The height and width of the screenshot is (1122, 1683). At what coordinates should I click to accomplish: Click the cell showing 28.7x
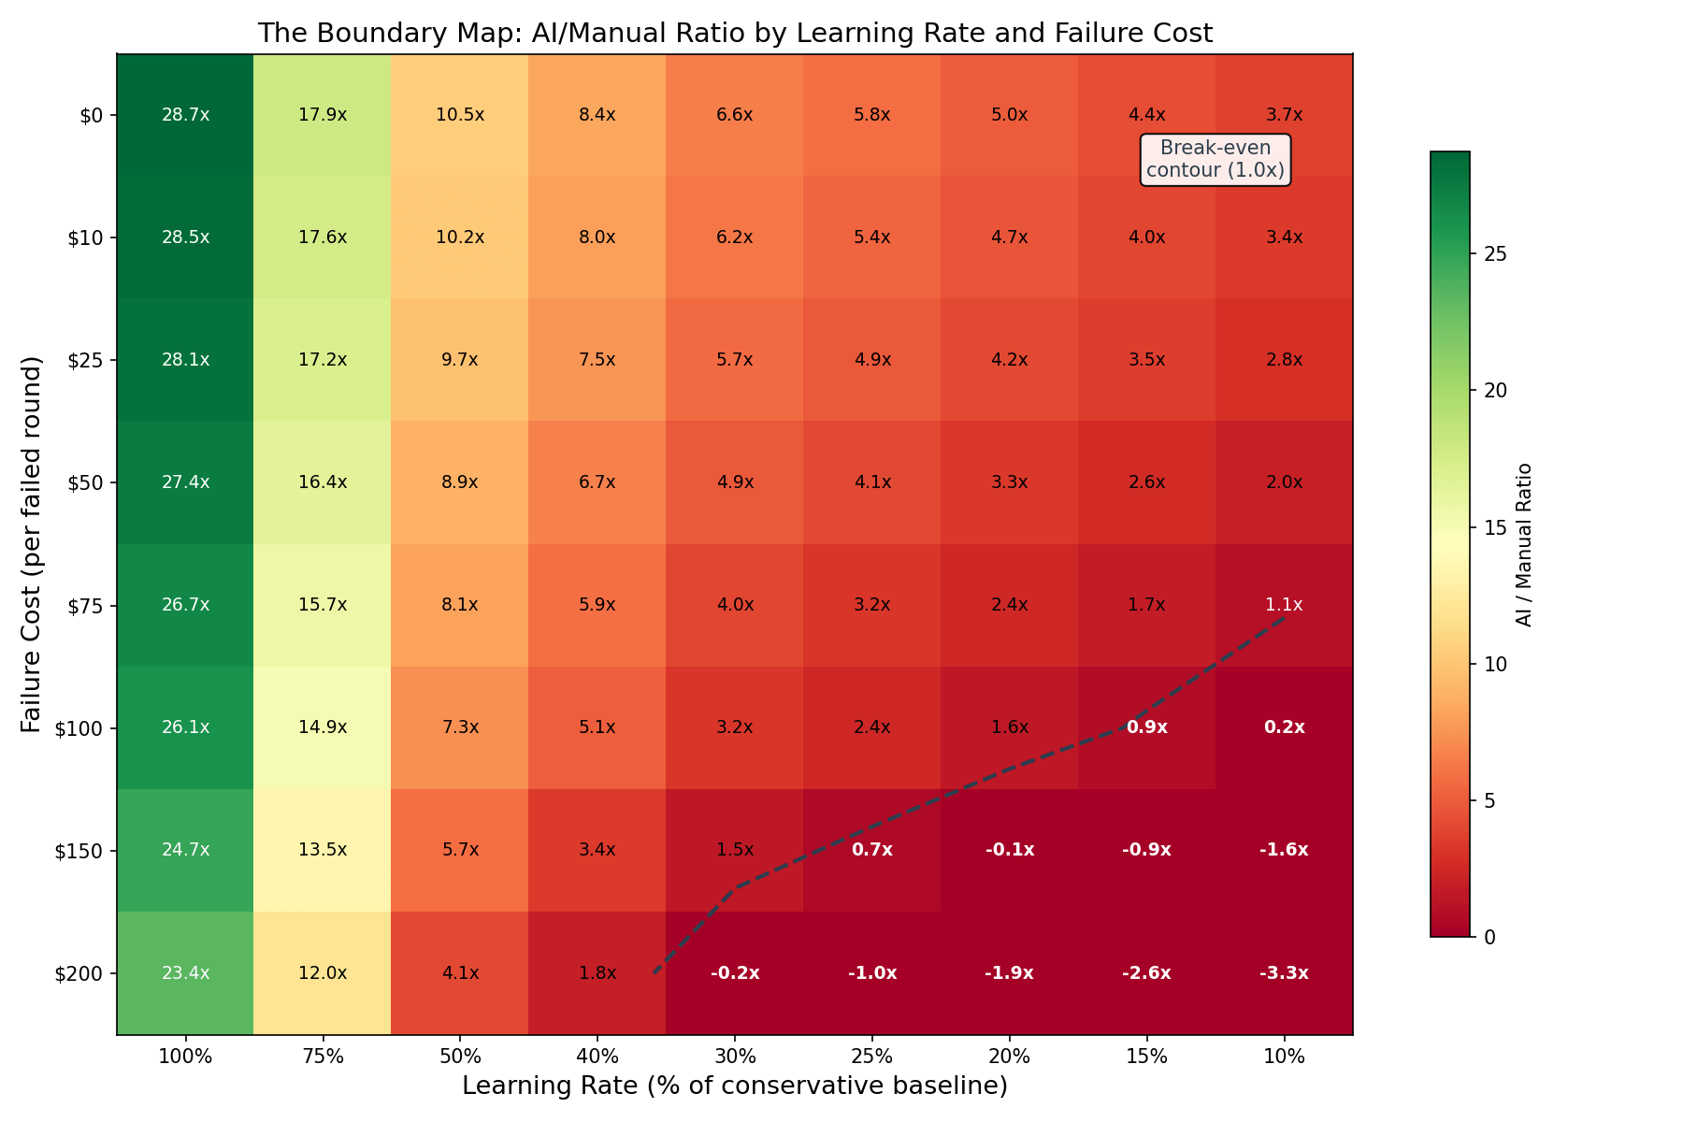[x=185, y=115]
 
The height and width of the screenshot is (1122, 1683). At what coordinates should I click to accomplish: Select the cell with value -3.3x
[x=1284, y=973]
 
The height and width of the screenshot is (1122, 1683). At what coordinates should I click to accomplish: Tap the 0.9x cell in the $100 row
[x=1146, y=727]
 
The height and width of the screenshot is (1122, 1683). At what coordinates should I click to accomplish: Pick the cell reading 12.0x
[x=323, y=973]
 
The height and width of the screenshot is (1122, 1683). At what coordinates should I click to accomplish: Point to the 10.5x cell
[x=460, y=115]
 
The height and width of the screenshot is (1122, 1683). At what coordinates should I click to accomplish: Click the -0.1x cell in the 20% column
[x=1009, y=850]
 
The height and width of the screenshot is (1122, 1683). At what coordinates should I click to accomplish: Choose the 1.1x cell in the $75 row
[x=1284, y=605]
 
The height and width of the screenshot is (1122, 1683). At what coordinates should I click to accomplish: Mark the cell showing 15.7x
[x=323, y=605]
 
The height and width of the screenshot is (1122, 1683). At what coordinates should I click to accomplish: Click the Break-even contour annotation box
[x=1215, y=160]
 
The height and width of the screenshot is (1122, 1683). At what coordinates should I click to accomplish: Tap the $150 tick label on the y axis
[x=86, y=851]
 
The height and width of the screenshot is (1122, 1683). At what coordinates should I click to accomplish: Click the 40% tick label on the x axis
[x=597, y=1057]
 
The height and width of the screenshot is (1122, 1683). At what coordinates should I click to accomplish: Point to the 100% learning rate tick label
[x=185, y=1057]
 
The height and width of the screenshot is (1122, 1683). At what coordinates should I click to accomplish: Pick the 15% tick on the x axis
[x=1146, y=1057]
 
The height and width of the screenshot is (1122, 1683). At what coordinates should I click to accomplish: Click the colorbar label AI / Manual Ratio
[x=1524, y=544]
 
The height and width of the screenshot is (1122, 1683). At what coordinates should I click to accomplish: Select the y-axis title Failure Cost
[x=33, y=544]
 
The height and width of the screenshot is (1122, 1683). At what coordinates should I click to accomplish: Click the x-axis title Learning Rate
[x=734, y=1086]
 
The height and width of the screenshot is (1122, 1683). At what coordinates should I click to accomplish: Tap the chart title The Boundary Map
[x=734, y=34]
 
